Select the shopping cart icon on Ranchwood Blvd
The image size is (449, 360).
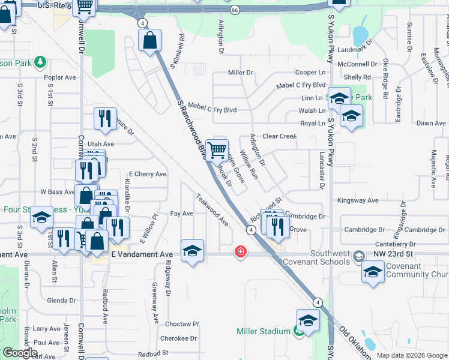217,149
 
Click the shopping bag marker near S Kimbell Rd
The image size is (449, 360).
149,41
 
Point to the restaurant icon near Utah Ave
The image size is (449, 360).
105,119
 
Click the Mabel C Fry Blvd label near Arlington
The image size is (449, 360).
212,110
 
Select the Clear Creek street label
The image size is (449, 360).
279,136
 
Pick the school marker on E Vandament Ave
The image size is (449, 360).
192,251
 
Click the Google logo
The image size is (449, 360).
20,353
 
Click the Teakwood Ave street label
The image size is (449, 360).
212,210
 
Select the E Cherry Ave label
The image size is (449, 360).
147,174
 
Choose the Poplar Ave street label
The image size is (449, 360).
60,77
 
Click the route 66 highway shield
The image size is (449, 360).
234,10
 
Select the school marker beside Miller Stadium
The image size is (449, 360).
308,320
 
